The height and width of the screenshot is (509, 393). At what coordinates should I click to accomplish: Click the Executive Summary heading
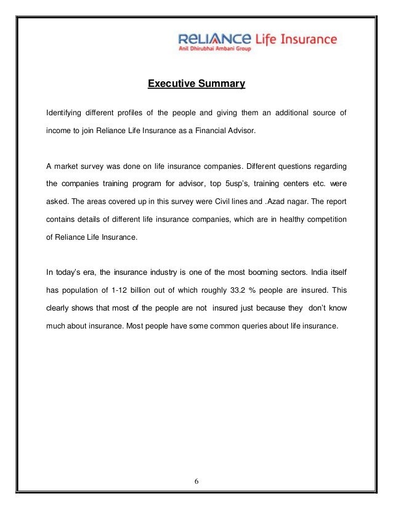(197, 83)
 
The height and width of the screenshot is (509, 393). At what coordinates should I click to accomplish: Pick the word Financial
(213, 131)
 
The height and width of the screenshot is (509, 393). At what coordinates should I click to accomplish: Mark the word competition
(325, 219)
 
